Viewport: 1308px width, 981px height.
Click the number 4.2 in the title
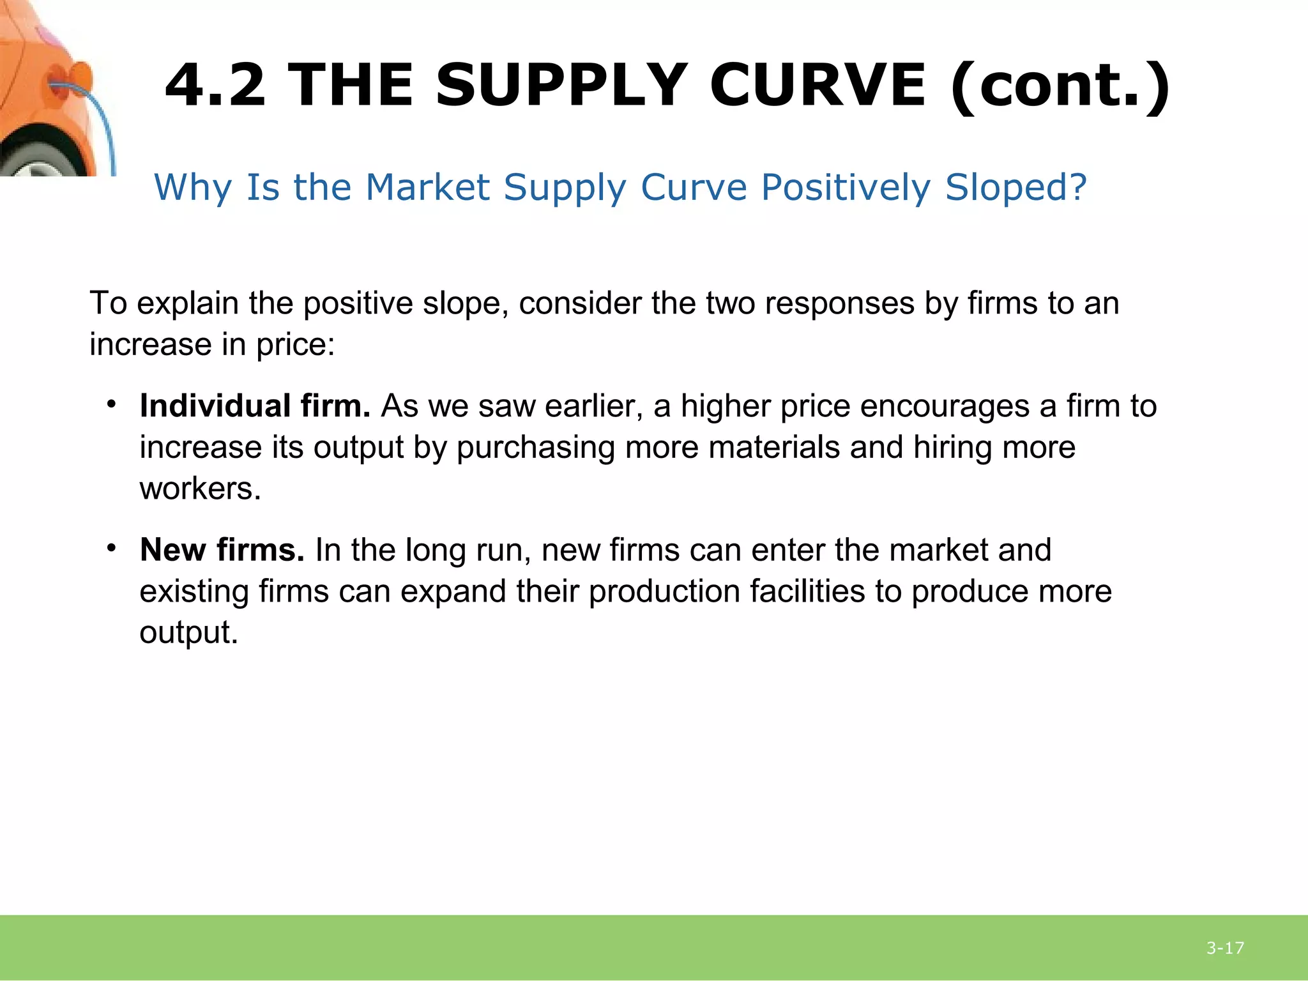point(215,86)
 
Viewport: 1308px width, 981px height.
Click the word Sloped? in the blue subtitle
point(1015,188)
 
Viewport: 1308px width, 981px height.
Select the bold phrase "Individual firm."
point(255,406)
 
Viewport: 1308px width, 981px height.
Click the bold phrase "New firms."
point(222,550)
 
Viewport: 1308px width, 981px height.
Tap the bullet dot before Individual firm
point(112,404)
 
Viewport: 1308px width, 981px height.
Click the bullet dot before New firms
point(112,548)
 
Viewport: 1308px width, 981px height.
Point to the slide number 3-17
point(1225,948)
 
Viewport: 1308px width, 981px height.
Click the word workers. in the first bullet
point(201,489)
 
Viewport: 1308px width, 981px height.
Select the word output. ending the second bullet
point(188,633)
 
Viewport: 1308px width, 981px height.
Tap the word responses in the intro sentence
point(839,303)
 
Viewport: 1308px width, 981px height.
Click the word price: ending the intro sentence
point(296,345)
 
